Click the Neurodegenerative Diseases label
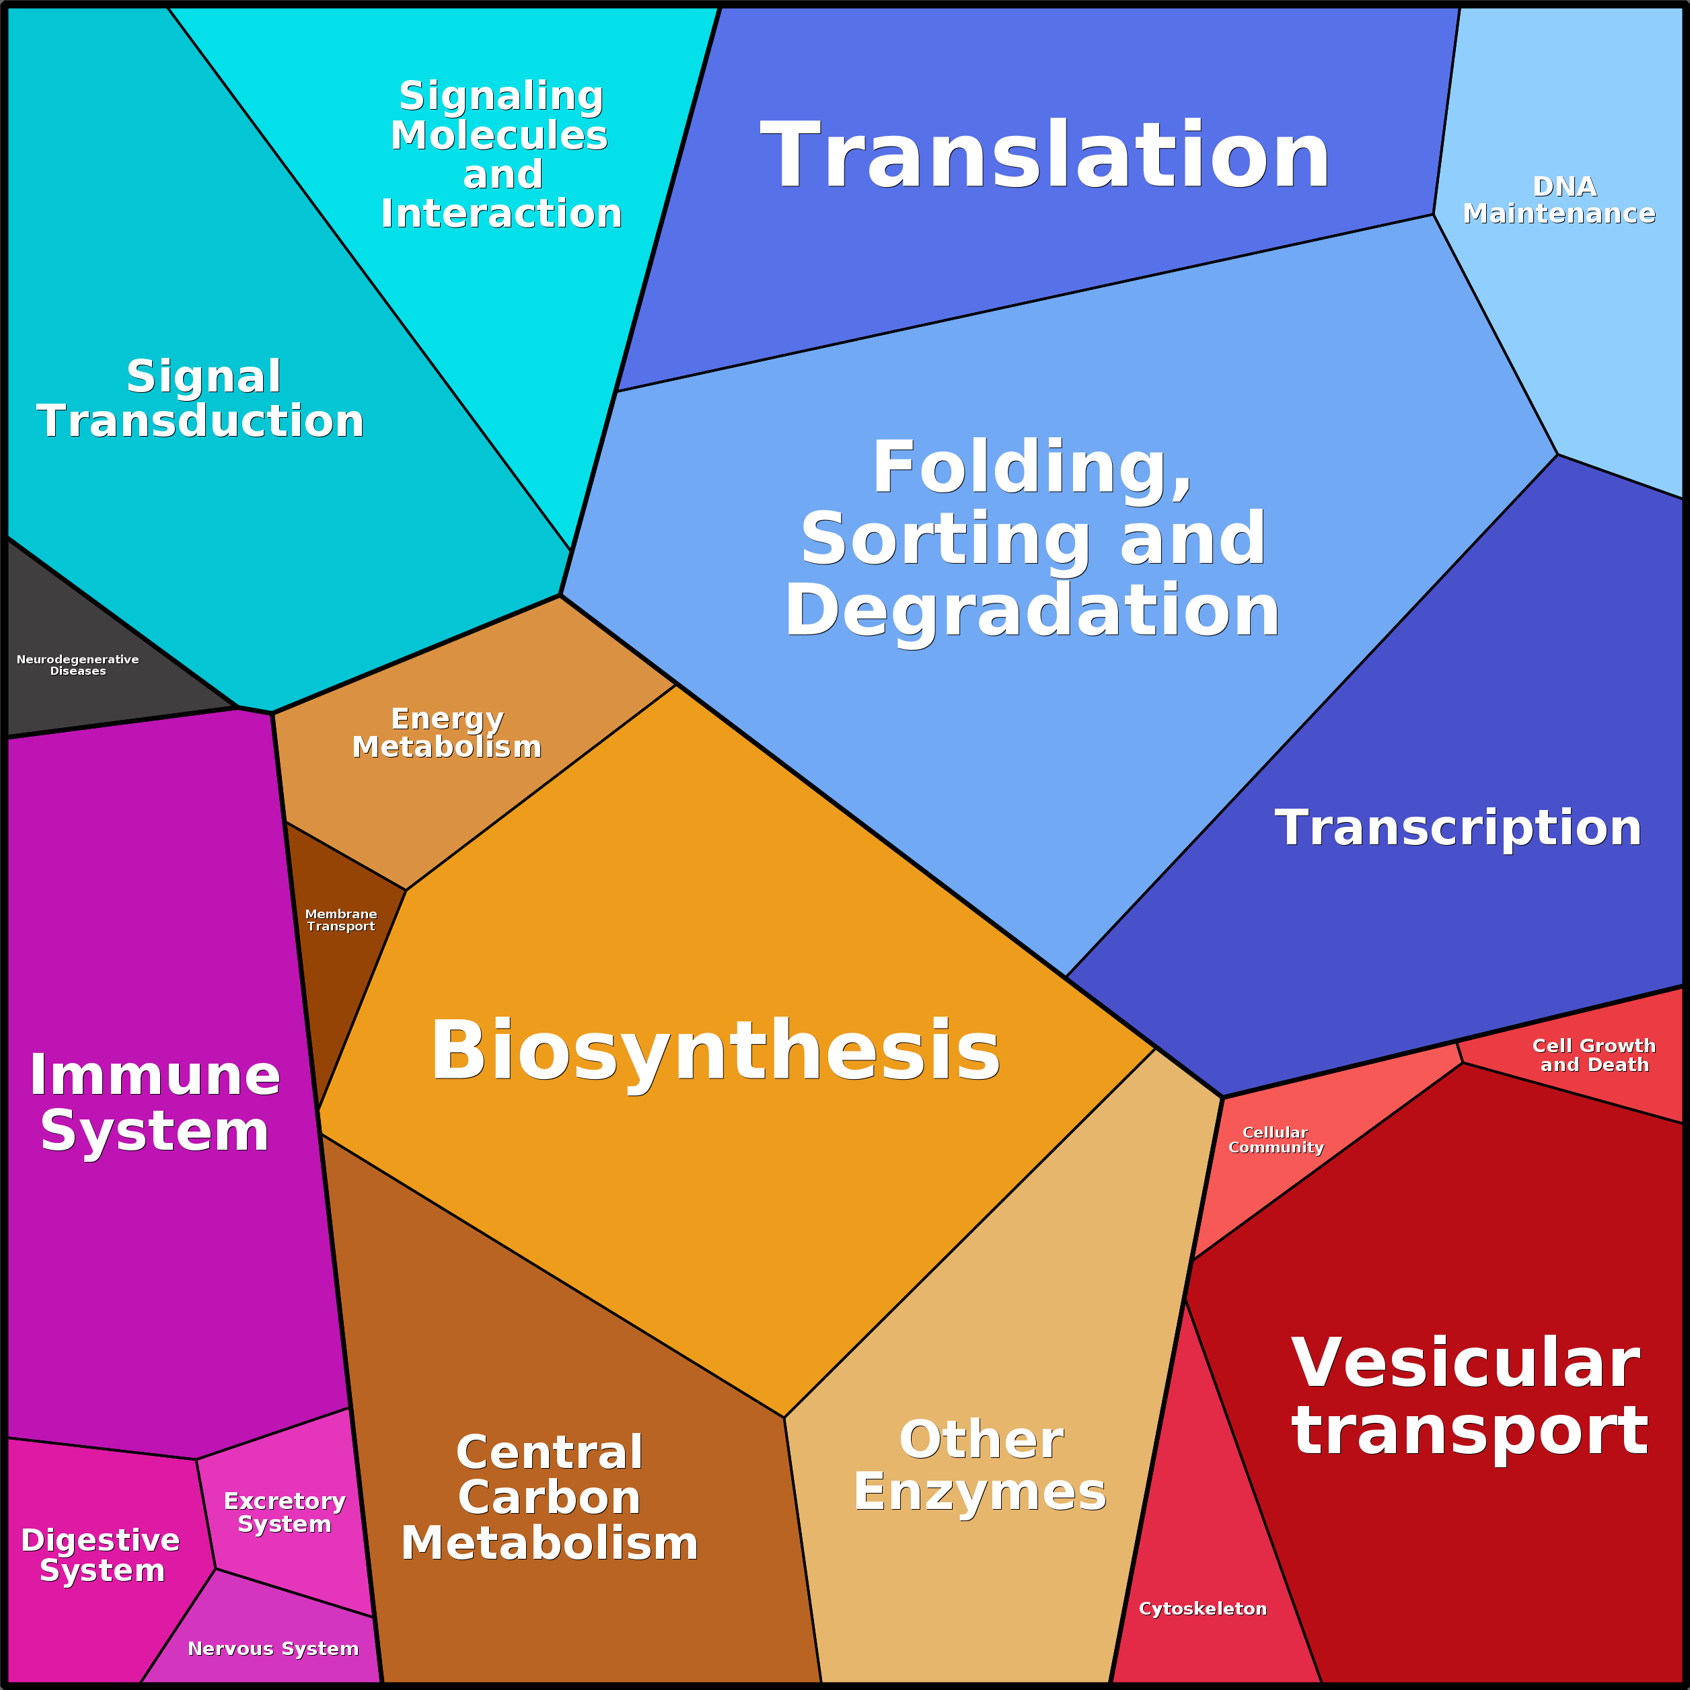[x=78, y=665]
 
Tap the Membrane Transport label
[x=341, y=920]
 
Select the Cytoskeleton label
[x=1203, y=1609]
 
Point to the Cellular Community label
[x=1276, y=1140]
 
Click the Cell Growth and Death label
[x=1594, y=1055]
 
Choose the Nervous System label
[x=273, y=1649]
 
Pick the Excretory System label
[x=285, y=1512]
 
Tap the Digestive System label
[x=101, y=1555]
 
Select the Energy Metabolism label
[x=447, y=733]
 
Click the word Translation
[x=1045, y=155]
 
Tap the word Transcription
[x=1458, y=828]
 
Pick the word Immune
[x=155, y=1075]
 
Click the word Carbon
[x=550, y=1498]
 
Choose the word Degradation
[x=1032, y=611]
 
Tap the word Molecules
[x=499, y=136]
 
